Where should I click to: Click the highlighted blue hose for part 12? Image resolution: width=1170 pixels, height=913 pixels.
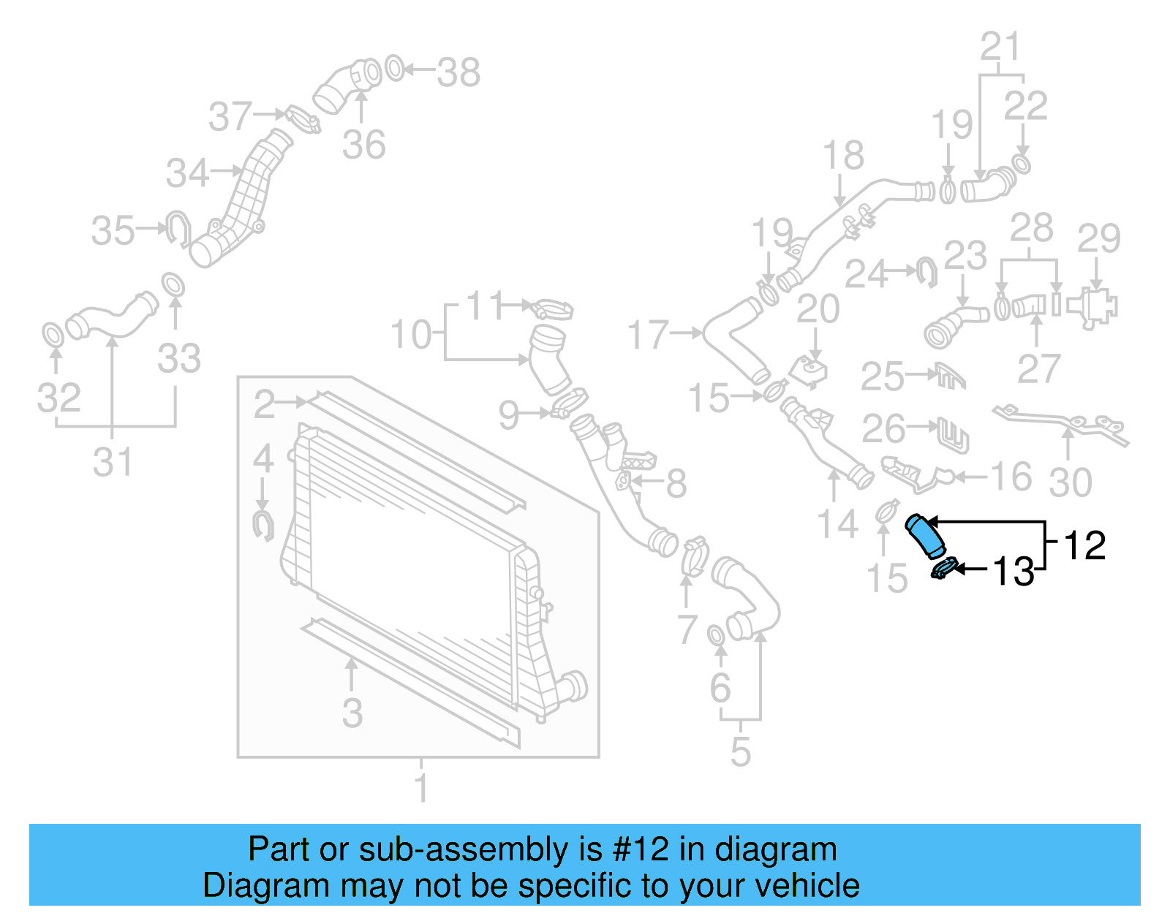[x=925, y=537]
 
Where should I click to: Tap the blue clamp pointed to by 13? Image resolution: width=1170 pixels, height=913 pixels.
[x=944, y=568]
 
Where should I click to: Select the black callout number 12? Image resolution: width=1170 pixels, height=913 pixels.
[x=1084, y=545]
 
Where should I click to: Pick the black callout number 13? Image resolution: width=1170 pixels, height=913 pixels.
[x=1014, y=571]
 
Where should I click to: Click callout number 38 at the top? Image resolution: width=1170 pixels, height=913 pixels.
[x=458, y=72]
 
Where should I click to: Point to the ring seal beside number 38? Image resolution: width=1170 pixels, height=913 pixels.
[x=394, y=69]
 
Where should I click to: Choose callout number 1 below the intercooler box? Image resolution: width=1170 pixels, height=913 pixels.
[x=421, y=788]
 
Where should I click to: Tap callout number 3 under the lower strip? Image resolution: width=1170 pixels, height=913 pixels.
[x=352, y=713]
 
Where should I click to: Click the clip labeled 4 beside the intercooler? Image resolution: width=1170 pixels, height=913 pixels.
[x=263, y=526]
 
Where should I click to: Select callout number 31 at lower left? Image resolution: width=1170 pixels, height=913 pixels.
[x=113, y=462]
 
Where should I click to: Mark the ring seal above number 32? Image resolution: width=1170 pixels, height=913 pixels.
[x=53, y=336]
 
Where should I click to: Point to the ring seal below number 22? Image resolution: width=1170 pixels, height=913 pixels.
[x=1022, y=164]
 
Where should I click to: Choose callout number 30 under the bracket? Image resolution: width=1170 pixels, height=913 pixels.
[x=1071, y=482]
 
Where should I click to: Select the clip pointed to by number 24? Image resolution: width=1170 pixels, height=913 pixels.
[x=927, y=272]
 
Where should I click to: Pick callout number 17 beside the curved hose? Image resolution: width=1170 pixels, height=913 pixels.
[x=648, y=335]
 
